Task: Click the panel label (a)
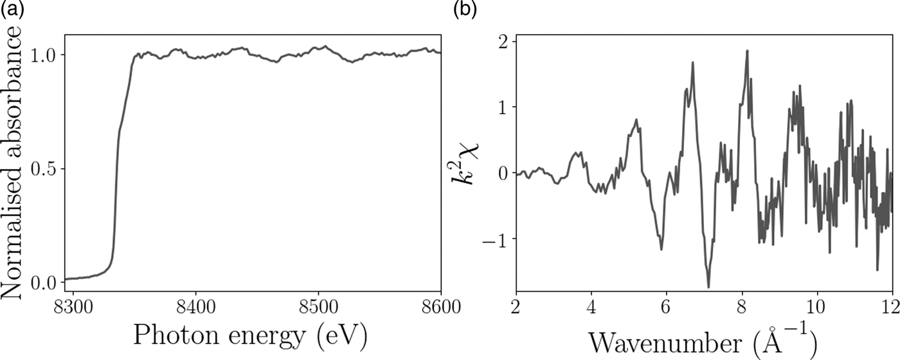pos(12,9)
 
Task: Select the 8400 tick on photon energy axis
pos(196,304)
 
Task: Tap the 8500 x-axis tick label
pos(319,304)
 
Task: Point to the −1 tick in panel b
pos(496,239)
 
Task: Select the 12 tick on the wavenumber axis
pos(890,304)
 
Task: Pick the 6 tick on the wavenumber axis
pos(667,304)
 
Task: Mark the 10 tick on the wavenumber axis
pos(816,304)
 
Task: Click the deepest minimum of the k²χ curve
pos(708,287)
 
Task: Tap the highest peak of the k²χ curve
pos(747,51)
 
